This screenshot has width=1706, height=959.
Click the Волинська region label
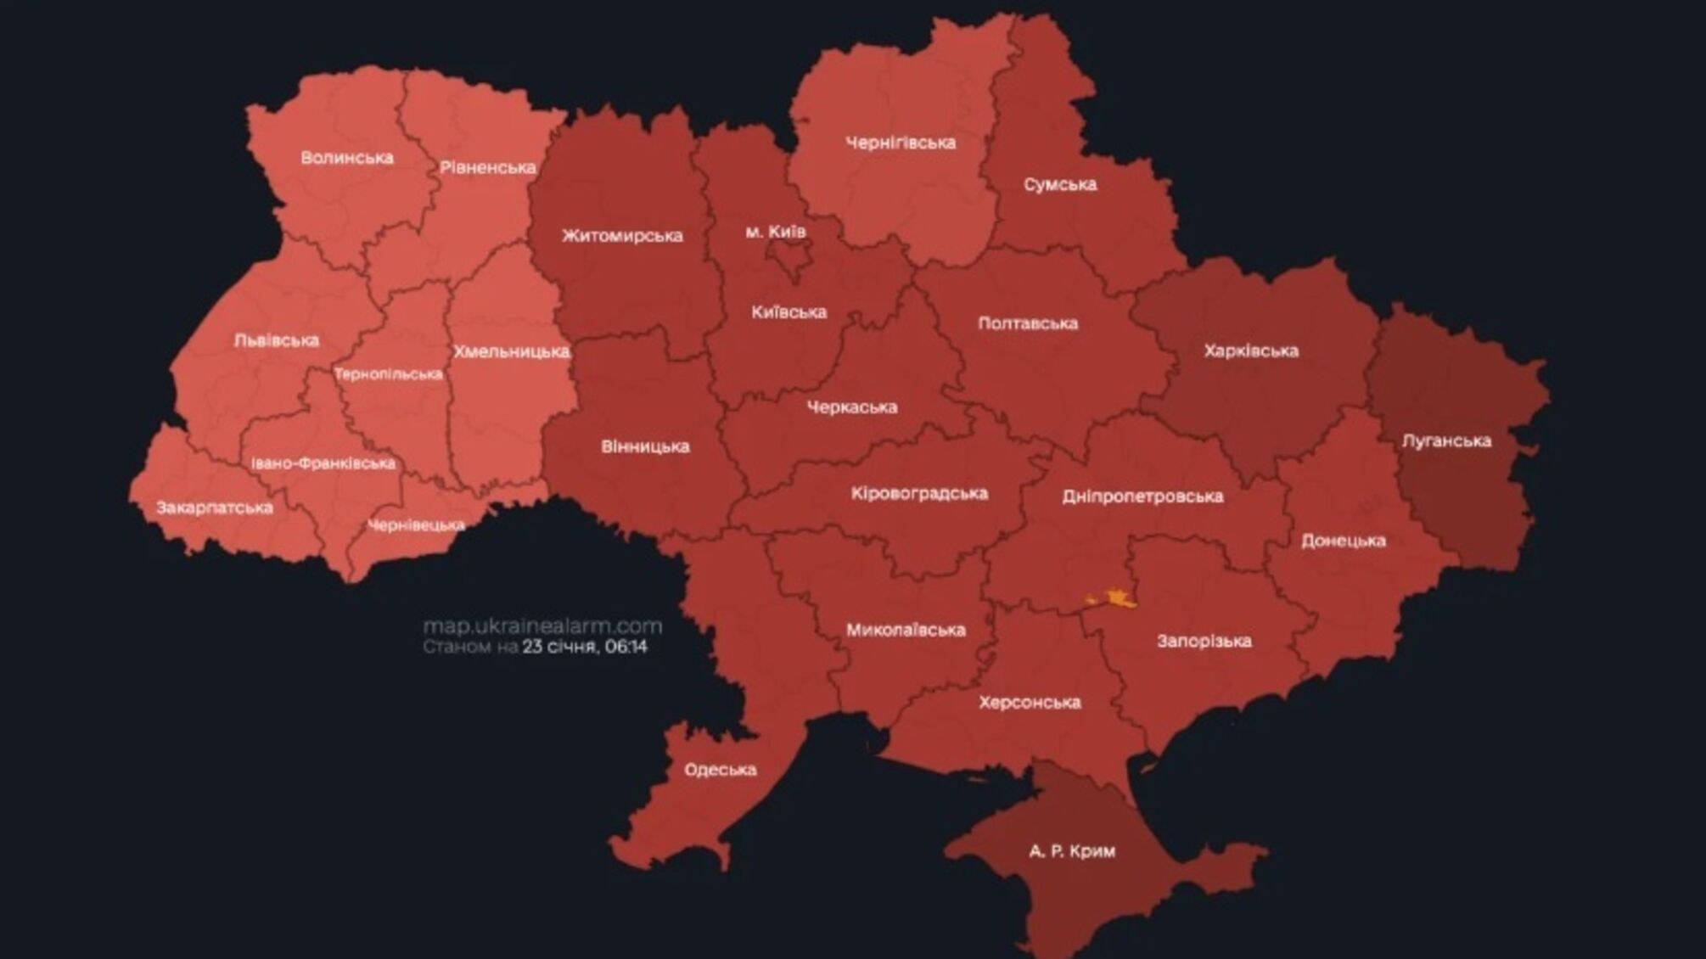pos(346,158)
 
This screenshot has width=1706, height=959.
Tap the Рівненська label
pos(487,168)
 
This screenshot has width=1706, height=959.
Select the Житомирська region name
pos(621,236)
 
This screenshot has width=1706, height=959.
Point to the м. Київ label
pos(775,231)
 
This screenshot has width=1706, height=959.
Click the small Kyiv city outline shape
pos(794,259)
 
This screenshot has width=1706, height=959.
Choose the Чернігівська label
pos(900,143)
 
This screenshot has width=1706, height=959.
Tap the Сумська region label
pos(1059,184)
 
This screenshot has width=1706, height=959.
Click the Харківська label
pos(1250,351)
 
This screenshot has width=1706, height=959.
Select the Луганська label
pos(1446,440)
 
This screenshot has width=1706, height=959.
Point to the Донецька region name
pos(1343,541)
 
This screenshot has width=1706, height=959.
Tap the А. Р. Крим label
pos(1071,850)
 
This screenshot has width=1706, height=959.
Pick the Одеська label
pos(720,770)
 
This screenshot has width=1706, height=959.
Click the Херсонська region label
pos(1029,703)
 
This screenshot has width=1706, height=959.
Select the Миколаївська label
pos(905,630)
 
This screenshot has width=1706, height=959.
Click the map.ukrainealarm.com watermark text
pos(542,626)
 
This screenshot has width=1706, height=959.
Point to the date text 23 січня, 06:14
pos(584,647)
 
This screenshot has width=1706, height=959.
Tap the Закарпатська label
pos(214,508)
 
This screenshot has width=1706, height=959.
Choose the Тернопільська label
pos(388,374)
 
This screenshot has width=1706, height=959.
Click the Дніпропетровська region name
pos(1142,496)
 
